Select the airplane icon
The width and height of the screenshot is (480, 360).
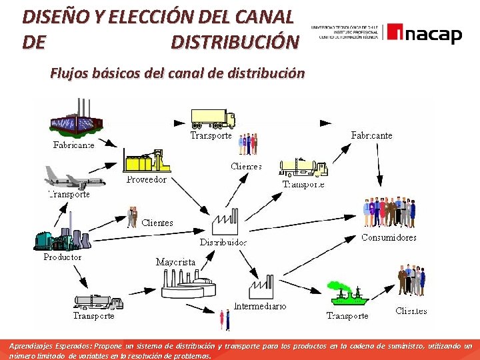pos(71,177)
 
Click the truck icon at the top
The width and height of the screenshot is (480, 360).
pos(213,118)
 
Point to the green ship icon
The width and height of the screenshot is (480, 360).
pos(347,294)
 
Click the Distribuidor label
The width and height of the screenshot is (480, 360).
pos(223,242)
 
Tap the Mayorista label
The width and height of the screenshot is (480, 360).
pos(175,262)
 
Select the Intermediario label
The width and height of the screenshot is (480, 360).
pos(260,307)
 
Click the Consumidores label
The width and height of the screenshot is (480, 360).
pos(389,237)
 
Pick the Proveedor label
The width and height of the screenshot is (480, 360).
pos(147,179)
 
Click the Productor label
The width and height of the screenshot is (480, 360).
pos(63,257)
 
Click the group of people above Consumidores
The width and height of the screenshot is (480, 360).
pos(389,213)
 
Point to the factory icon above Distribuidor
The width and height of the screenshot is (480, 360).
pos(225,222)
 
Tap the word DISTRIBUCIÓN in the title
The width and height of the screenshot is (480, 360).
pos(235,42)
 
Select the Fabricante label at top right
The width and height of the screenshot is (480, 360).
pos(371,135)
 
